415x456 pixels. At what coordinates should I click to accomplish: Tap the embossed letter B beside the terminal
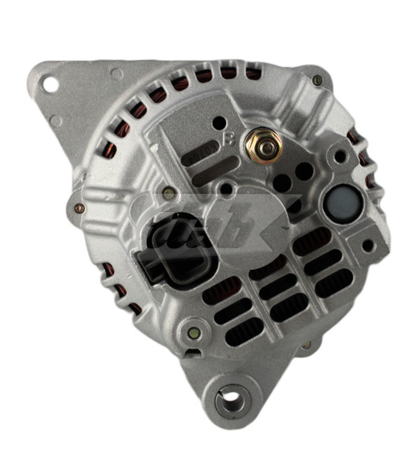(x=229, y=138)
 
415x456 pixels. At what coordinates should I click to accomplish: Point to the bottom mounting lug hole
(x=228, y=396)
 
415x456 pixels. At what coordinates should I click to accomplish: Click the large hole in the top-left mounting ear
(x=50, y=84)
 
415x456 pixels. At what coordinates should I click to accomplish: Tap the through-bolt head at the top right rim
(x=317, y=80)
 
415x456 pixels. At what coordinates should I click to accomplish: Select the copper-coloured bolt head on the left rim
(x=79, y=207)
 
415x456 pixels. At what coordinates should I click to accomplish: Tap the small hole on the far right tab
(x=368, y=245)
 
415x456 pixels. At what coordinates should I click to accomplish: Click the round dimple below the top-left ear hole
(x=56, y=120)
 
